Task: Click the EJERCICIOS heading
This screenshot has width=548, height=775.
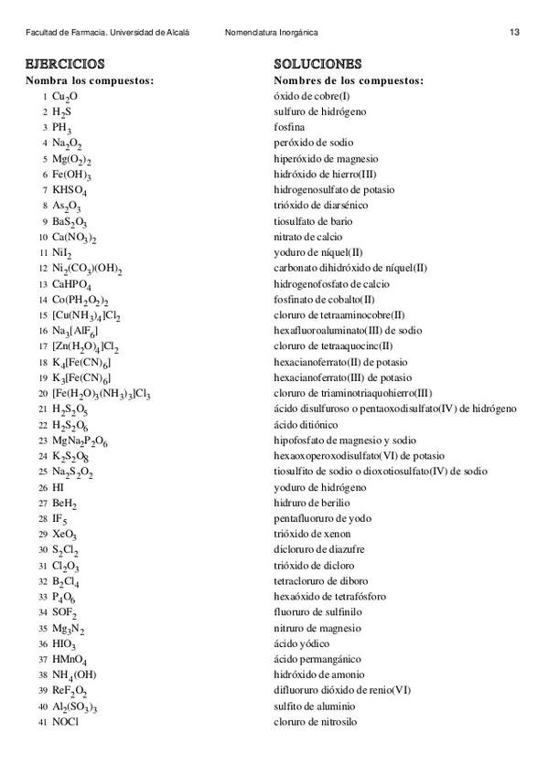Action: coord(65,64)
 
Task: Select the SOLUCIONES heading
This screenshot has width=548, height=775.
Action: coord(317,64)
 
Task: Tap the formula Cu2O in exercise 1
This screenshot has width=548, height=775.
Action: coord(65,96)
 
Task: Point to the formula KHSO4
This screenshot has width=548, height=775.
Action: coord(70,190)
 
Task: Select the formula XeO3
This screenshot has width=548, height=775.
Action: coord(65,535)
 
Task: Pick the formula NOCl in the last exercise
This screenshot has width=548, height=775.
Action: coord(66,722)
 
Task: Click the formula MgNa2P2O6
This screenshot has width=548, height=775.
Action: coord(80,441)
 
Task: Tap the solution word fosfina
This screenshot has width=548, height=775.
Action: coord(289,127)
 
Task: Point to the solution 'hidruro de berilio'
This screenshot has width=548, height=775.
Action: coord(312,503)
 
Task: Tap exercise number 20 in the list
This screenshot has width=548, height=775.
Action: coord(43,394)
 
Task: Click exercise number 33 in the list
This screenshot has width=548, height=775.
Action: coord(43,597)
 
